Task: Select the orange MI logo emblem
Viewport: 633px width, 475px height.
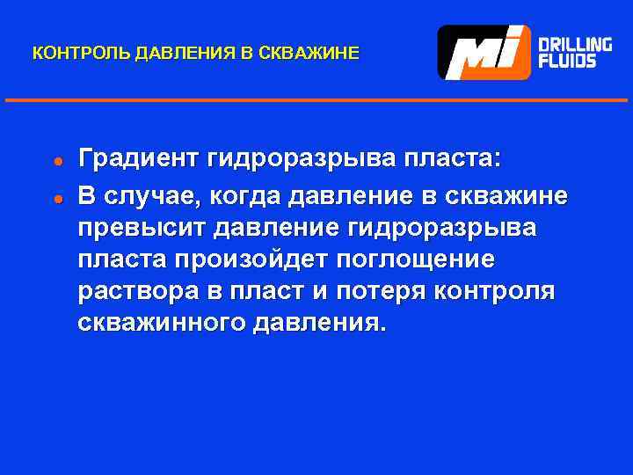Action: (484, 53)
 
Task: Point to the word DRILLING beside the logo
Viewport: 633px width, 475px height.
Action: (575, 43)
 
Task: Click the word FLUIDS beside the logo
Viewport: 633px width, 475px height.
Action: (567, 62)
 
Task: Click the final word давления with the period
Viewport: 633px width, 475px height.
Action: (318, 324)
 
